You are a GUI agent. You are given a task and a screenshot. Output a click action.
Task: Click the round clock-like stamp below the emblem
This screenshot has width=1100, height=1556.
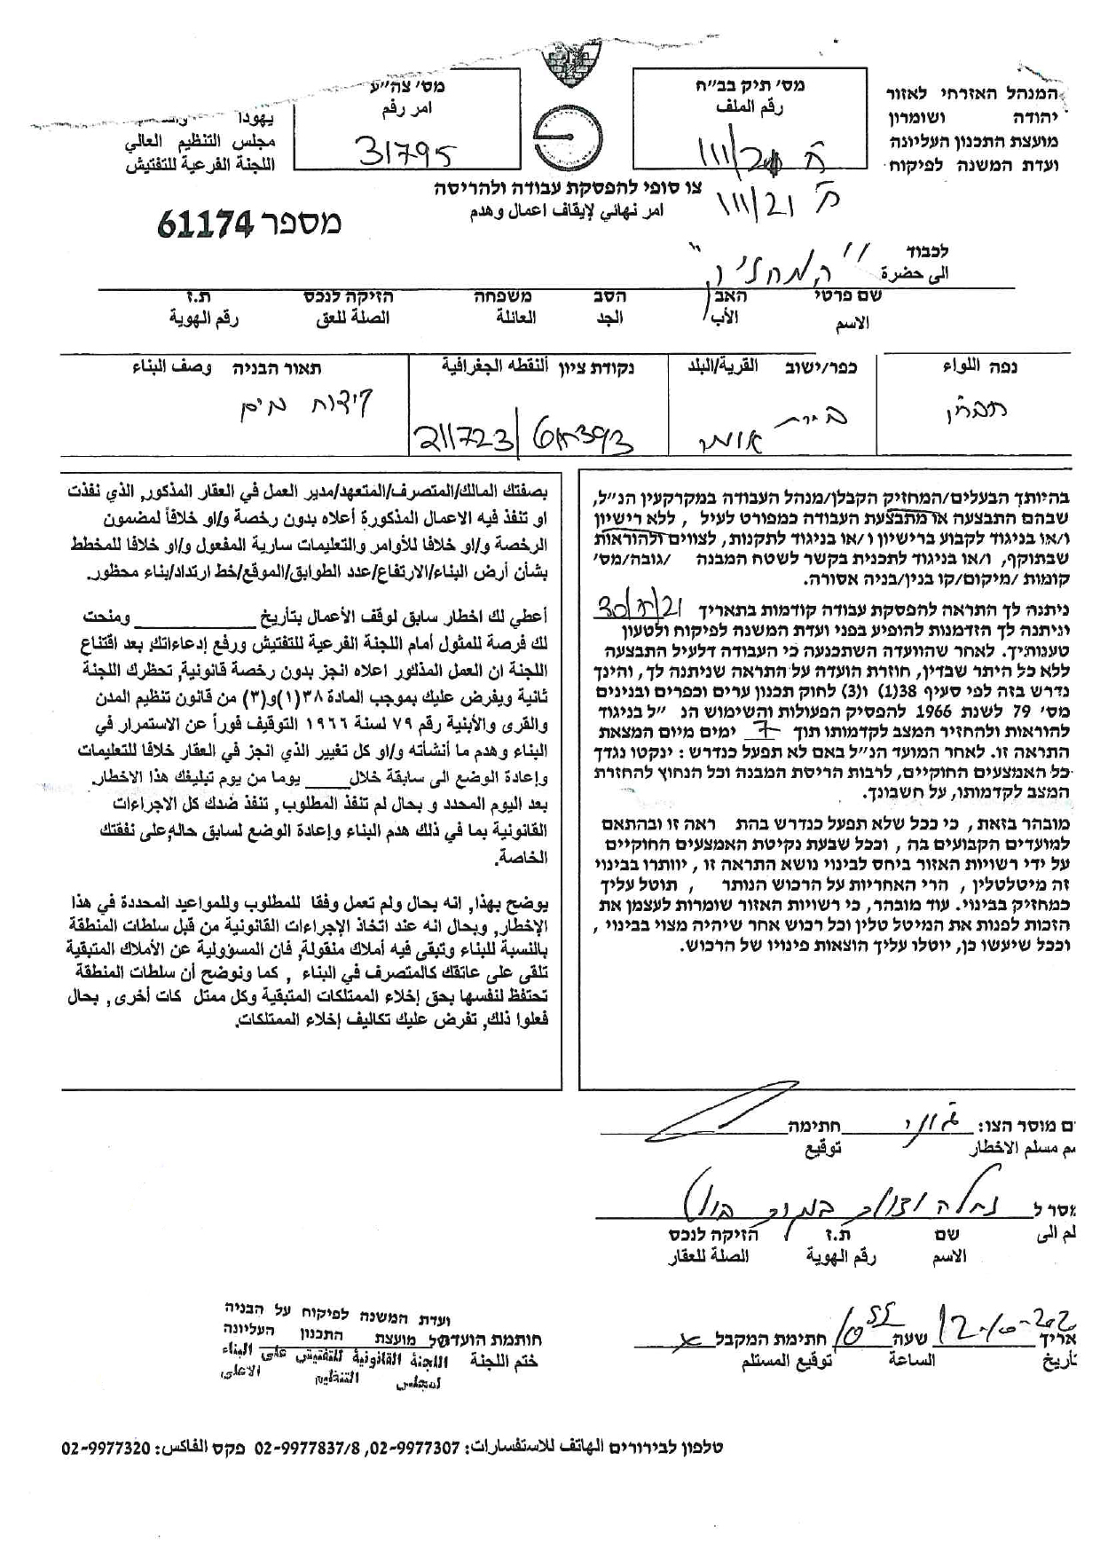[x=574, y=141]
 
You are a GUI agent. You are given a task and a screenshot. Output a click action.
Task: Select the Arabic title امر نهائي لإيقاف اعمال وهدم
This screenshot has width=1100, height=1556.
[x=568, y=211]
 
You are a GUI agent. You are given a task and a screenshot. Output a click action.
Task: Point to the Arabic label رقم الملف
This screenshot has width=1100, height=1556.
[x=751, y=107]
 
